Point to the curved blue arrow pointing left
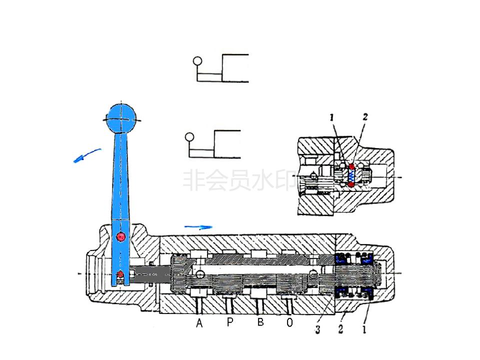click(87, 156)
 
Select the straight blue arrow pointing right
click(198, 227)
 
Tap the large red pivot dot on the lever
click(120, 236)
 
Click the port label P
click(229, 322)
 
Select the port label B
click(260, 322)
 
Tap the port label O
click(290, 323)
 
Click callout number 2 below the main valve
click(341, 329)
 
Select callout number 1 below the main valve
click(364, 329)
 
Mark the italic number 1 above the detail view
click(331, 118)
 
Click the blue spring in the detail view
click(352, 175)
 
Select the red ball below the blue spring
click(352, 185)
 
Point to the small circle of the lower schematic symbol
click(189, 136)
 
